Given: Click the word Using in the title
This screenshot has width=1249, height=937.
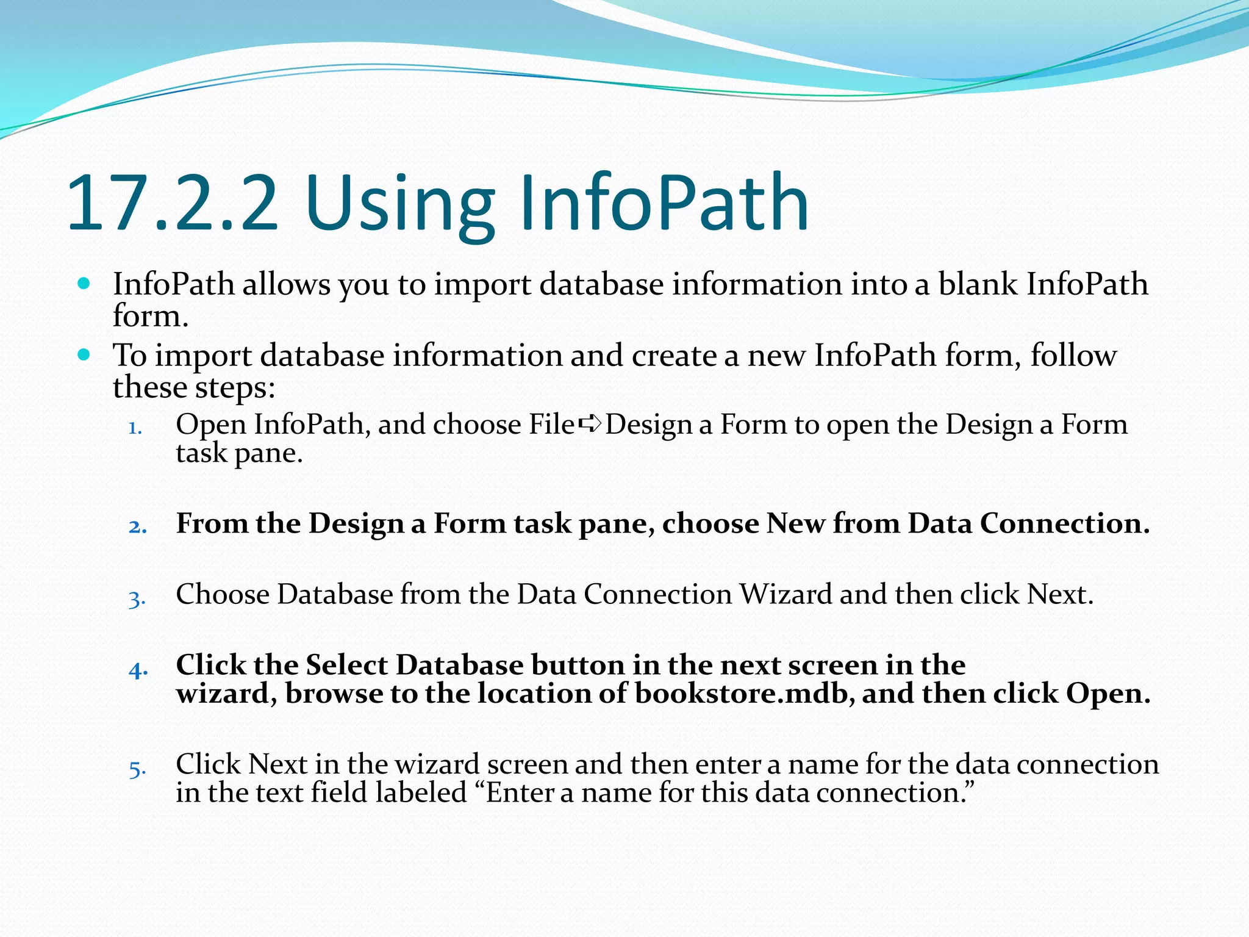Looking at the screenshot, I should [403, 204].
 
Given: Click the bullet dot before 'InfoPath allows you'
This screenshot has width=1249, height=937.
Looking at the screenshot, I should [84, 283].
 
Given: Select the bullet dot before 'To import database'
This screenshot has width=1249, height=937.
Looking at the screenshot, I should [84, 354].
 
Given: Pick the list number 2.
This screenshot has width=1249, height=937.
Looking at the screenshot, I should [137, 526].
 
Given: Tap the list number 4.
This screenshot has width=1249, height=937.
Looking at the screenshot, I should [138, 670].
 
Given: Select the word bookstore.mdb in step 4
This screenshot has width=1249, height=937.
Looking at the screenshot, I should [743, 693].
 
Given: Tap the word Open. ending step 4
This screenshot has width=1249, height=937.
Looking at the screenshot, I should [1108, 694].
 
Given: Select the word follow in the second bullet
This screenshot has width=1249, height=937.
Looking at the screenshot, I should [1073, 355].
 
